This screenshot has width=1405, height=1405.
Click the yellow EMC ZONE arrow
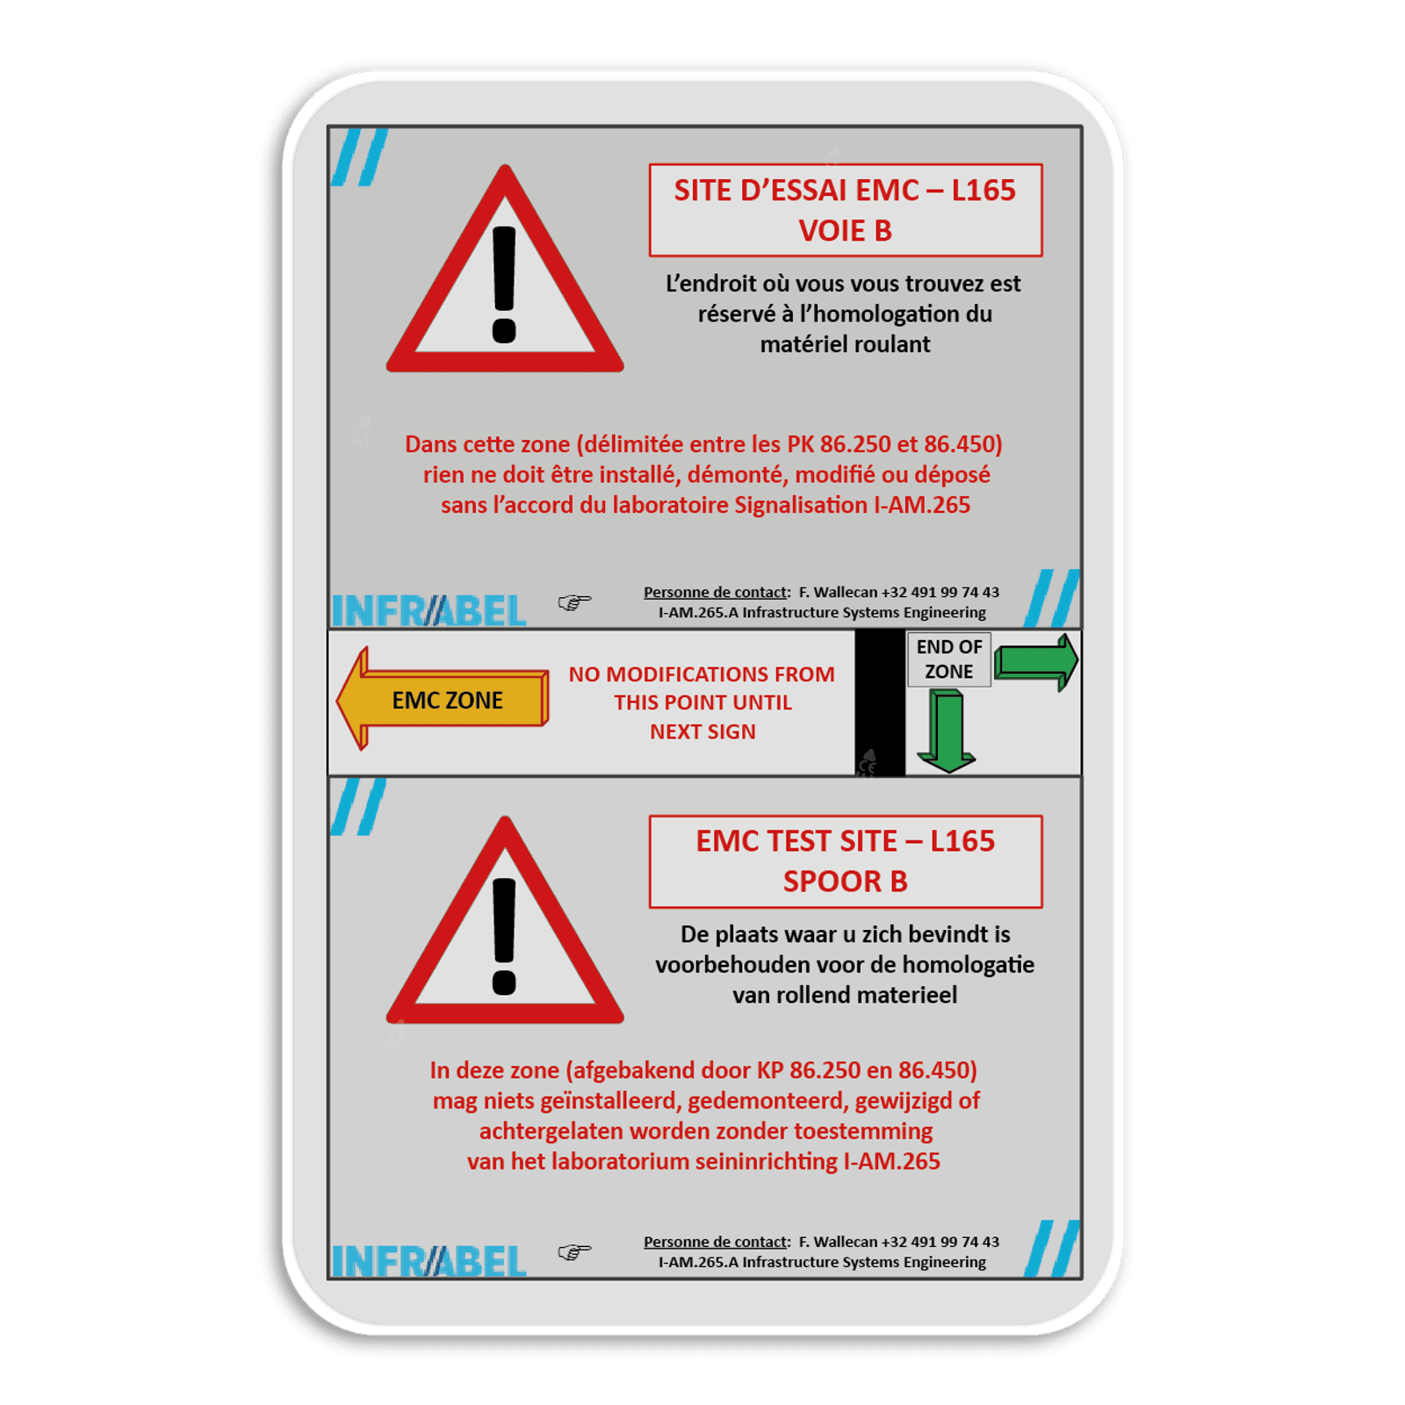[443, 699]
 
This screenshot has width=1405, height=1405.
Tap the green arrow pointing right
[1036, 661]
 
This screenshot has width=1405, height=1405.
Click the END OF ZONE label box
[948, 659]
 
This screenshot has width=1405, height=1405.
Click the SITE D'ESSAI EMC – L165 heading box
[846, 210]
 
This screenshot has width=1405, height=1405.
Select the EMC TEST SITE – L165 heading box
[846, 861]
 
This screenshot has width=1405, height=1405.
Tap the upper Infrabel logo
[429, 610]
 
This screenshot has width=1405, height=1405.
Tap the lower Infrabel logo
[429, 1261]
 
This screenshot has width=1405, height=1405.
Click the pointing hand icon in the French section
[574, 602]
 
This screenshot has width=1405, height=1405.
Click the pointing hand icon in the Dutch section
[574, 1251]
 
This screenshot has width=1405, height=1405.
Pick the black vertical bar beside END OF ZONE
[880, 702]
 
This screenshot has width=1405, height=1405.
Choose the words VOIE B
[846, 231]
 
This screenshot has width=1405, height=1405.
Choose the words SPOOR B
[846, 882]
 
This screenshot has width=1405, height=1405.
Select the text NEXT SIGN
[702, 731]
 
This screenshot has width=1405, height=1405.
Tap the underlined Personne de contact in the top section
[716, 592]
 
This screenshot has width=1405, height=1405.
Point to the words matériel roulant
[845, 344]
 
